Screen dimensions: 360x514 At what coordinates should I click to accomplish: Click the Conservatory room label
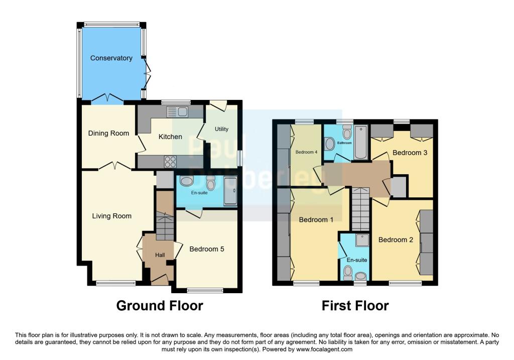[111, 58]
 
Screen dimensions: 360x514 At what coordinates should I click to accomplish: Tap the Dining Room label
[108, 134]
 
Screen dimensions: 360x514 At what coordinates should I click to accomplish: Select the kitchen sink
[180, 111]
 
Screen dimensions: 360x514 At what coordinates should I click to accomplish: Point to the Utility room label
[221, 129]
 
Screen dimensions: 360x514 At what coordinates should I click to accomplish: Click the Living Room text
[111, 216]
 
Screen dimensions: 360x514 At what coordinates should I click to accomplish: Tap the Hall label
[160, 256]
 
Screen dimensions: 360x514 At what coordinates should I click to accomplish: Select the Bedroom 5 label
[206, 249]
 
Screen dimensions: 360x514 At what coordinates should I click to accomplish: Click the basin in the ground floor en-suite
[185, 182]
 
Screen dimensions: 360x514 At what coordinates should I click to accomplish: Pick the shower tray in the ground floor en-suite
[230, 191]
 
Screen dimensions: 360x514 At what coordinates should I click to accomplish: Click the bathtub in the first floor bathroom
[361, 144]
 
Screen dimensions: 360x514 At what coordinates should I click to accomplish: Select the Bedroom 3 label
[410, 153]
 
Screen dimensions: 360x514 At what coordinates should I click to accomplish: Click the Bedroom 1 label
[316, 220]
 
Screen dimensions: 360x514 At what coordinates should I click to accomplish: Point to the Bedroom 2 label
[396, 240]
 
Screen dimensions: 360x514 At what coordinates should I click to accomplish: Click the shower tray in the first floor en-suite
[361, 241]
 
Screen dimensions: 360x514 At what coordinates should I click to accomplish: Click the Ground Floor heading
[160, 305]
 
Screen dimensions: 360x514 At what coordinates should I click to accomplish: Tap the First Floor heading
[355, 305]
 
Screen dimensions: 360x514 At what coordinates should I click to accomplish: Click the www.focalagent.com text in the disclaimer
[325, 349]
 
